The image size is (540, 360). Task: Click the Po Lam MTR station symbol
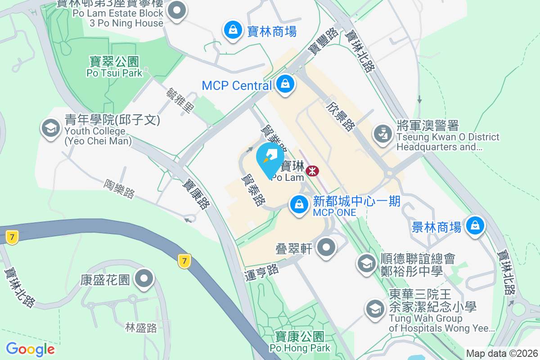tap(312, 171)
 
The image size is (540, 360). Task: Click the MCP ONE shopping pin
tap(298, 205)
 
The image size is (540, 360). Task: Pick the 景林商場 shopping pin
tap(475, 225)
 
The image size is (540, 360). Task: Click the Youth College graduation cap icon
tap(50, 128)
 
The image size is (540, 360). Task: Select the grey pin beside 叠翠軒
tap(327, 247)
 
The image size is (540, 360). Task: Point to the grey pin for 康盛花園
tap(144, 279)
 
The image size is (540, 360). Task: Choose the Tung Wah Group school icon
tap(374, 309)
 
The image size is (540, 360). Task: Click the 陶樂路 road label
tap(119, 189)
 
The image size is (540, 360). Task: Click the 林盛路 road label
tap(141, 328)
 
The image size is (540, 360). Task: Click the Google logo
tap(30, 349)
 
